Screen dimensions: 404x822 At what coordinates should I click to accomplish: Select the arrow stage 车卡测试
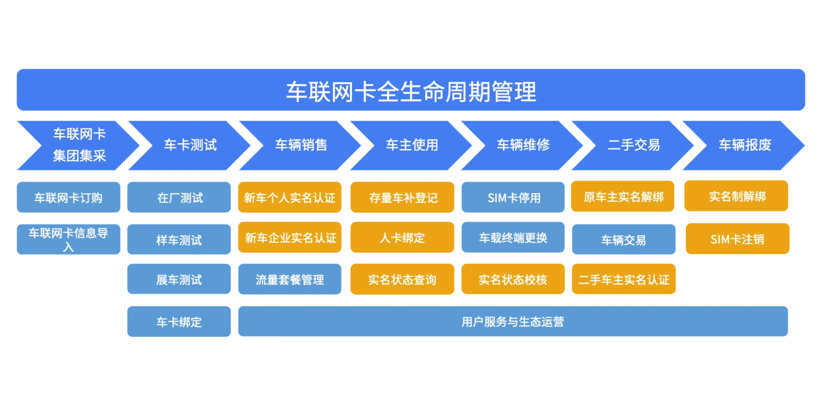[190, 146]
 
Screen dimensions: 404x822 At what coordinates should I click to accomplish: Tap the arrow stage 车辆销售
[301, 146]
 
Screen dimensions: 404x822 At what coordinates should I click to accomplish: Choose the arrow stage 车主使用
[412, 146]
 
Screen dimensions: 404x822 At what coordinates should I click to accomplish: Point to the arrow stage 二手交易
[634, 146]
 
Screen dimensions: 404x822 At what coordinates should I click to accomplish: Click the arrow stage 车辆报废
[744, 146]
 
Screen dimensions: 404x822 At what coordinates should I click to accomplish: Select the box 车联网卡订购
[69, 198]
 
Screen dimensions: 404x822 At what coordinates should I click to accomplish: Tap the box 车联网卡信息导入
[69, 239]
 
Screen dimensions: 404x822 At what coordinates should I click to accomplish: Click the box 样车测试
[179, 239]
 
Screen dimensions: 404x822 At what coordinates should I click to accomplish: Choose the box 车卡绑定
[179, 322]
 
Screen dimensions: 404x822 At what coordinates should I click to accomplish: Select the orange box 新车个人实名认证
[289, 198]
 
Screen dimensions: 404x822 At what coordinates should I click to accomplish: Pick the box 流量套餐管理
[289, 280]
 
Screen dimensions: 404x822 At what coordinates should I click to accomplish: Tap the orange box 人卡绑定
[402, 238]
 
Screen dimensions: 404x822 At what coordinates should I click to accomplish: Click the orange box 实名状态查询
[402, 280]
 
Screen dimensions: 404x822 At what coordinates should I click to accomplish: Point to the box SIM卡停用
[513, 198]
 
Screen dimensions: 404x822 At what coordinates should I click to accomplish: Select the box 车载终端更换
[513, 238]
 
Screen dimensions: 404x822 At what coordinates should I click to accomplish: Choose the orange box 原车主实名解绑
[623, 197]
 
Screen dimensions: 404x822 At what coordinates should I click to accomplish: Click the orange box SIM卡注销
[737, 239]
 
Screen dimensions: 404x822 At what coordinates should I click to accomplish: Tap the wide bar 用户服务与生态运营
[513, 322]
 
